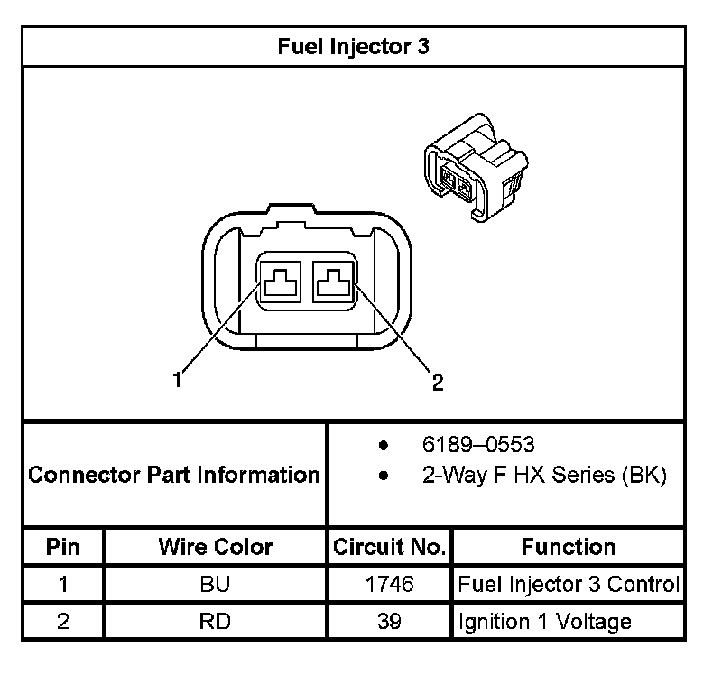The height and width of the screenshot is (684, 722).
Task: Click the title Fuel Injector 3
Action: point(354,46)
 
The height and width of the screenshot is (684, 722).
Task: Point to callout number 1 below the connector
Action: point(178,380)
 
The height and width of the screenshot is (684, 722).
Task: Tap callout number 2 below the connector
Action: point(437,383)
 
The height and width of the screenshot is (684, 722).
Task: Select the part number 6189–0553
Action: point(478,444)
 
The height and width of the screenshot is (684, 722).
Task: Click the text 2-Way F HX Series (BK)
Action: point(544,476)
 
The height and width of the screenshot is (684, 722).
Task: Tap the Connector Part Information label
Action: point(174,475)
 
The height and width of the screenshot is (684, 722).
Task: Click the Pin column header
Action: point(62,547)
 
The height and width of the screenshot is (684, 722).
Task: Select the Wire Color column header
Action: point(215,547)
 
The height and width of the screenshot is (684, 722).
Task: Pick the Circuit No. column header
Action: point(389,547)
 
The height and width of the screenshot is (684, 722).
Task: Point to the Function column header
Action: point(568,547)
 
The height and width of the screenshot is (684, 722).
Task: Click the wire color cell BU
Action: point(215,584)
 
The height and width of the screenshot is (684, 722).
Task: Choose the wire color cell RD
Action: point(215,621)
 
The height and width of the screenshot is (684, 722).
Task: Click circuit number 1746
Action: point(389,584)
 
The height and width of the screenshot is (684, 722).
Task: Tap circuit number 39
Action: point(389,621)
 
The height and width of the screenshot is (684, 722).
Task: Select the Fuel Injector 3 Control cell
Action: point(568,584)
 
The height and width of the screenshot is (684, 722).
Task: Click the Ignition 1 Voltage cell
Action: point(544,621)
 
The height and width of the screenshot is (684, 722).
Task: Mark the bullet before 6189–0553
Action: point(384,445)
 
